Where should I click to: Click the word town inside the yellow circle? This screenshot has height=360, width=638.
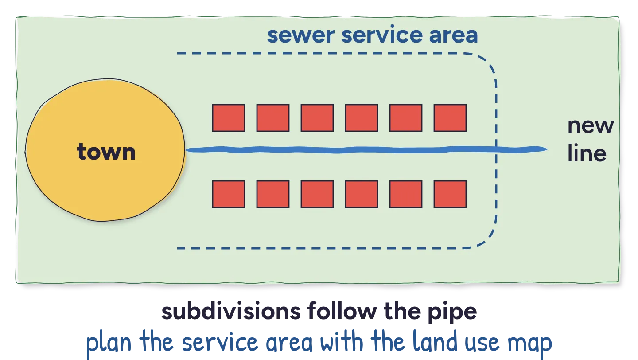click(106, 152)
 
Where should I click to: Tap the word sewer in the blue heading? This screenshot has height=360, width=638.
click(301, 35)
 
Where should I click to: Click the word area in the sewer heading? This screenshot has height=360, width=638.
click(453, 35)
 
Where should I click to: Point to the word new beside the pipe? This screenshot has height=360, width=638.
click(591, 126)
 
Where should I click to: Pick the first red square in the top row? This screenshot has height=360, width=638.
click(229, 118)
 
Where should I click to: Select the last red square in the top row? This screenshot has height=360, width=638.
click(450, 118)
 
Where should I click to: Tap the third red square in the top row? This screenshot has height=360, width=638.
click(317, 118)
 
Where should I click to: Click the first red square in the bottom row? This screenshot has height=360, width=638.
click(229, 194)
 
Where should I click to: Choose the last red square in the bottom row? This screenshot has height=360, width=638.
click(450, 194)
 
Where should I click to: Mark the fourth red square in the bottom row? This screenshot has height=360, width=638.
click(362, 194)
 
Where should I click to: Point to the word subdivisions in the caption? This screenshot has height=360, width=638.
click(231, 311)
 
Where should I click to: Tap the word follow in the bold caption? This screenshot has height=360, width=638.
click(342, 311)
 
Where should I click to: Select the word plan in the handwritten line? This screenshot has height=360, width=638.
click(109, 343)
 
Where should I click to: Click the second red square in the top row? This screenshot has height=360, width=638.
click(273, 118)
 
